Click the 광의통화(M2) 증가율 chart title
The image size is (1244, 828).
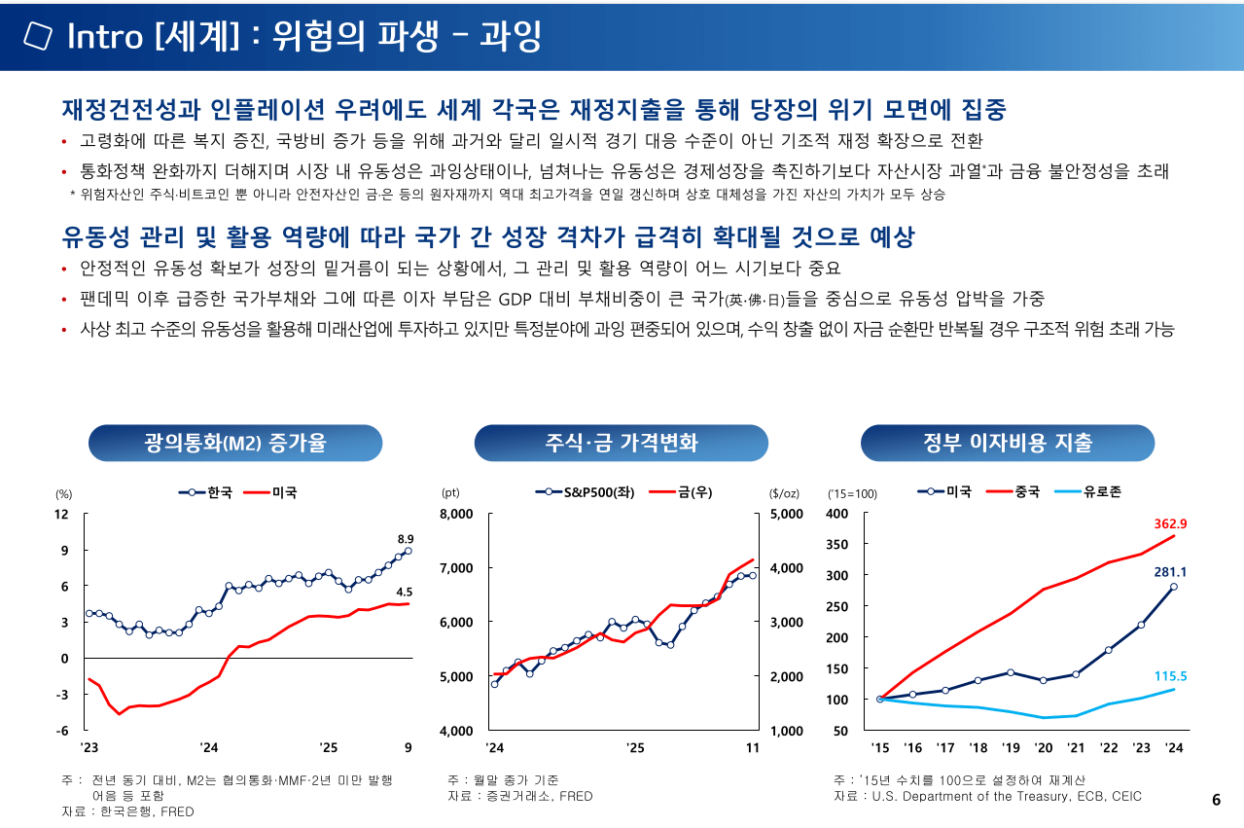(x=234, y=444)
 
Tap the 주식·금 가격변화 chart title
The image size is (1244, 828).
(x=621, y=444)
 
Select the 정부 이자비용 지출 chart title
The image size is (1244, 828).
(x=1008, y=444)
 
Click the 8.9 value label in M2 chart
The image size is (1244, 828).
(x=406, y=538)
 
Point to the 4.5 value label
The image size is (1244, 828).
(x=405, y=592)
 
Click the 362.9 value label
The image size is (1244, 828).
(x=1170, y=523)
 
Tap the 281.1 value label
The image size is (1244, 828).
(x=1170, y=572)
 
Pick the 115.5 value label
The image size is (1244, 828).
(x=1170, y=675)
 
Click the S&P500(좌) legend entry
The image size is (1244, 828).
(x=587, y=492)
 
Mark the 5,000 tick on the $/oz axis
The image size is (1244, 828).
(x=787, y=514)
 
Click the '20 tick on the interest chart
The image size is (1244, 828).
(x=1044, y=748)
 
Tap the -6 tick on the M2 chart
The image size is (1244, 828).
(x=61, y=731)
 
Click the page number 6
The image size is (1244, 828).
(x=1216, y=800)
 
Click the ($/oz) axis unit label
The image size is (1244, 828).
(x=783, y=493)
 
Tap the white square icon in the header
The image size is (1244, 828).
(x=38, y=36)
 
